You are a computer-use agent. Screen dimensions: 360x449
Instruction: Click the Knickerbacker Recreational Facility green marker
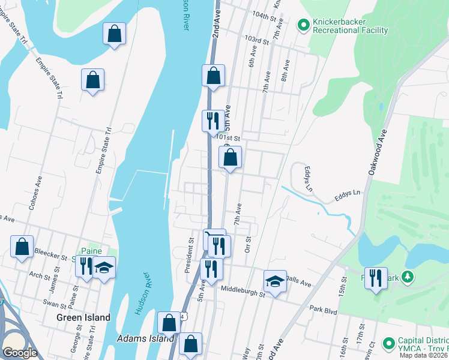pos(304,25)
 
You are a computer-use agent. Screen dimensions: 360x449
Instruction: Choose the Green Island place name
pos(83,317)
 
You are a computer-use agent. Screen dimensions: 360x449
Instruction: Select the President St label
pos(190,256)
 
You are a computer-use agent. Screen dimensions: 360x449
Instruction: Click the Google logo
pos(20,352)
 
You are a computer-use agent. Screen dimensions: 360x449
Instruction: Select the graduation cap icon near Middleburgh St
pos(275,281)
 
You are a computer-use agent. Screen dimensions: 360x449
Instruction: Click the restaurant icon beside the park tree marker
pos(376,278)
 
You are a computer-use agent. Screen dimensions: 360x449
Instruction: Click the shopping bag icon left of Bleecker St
pos(22,247)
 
